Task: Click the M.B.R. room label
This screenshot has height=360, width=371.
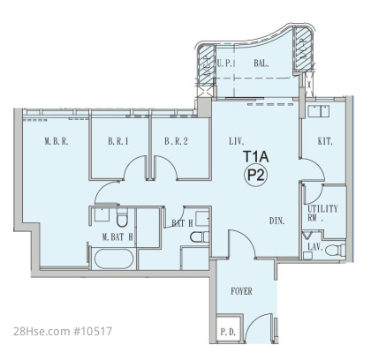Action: pos(57,141)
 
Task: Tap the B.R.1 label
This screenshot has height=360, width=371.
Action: pos(118,141)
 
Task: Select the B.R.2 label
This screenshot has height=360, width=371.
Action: pos(176,141)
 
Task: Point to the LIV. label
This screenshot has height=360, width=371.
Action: pos(237,141)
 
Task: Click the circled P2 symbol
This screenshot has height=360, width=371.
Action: pos(255,176)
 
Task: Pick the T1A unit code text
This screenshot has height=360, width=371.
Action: pos(255,157)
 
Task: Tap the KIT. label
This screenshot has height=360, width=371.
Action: pos(325,141)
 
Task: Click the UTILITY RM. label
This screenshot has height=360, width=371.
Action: pos(322,214)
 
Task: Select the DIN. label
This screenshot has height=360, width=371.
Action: pos(277,221)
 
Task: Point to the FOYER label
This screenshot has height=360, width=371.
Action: pos(241,291)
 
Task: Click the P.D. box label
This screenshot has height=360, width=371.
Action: pos(228,333)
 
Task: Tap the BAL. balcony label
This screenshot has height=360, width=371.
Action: pos(261,63)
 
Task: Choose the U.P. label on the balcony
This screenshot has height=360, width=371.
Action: pos(224,63)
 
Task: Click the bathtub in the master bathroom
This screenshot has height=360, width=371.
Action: pos(114,259)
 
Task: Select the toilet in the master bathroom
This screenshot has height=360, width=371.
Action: pos(122,217)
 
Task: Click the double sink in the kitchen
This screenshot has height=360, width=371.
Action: pos(319,111)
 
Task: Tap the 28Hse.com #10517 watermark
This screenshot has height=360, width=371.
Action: pos(63,332)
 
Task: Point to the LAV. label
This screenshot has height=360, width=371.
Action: pos(315,247)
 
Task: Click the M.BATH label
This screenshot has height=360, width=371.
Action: pos(117,237)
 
